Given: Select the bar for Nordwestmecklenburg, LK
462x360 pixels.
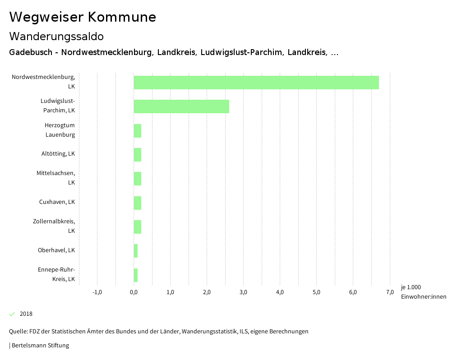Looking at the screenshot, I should coord(256,83).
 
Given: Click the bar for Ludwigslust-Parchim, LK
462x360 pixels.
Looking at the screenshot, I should coord(181,106).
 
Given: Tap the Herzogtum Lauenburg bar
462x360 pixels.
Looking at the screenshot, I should coord(138,131).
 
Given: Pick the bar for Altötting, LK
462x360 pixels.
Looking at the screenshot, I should coord(138,155).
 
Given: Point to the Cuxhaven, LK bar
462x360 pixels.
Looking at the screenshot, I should coord(138,203).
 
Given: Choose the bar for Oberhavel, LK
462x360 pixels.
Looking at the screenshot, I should coord(136,251).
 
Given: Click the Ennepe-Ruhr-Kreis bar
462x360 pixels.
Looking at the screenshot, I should coord(136,275).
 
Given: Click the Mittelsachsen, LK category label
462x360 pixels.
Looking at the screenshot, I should coord(56,178).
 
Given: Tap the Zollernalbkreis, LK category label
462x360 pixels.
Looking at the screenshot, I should coord(54,226).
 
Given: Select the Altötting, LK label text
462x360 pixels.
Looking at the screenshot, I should coord(58,154).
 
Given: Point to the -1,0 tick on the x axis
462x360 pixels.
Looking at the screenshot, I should coord(97,292).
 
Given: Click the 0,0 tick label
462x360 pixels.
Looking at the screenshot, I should coord(134,292).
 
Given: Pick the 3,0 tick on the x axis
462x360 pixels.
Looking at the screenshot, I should coord(243,292).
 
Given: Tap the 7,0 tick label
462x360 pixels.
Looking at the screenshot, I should coord(390,292).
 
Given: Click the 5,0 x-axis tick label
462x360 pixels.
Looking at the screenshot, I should coord(316,292).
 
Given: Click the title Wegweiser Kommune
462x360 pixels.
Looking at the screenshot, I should coord(83,17).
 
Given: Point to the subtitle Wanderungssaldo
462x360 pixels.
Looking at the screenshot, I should coord(56,36).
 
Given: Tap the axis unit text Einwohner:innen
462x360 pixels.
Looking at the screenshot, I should coord(423,296).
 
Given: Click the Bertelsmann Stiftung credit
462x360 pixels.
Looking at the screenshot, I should coord(40,346).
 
